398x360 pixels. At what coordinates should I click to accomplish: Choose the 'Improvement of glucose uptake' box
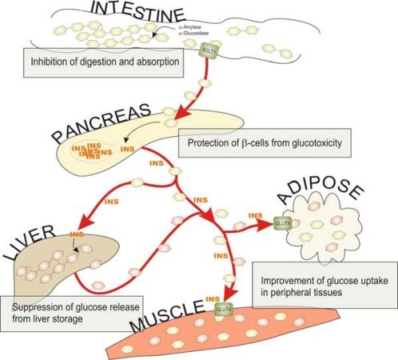pos(319,285)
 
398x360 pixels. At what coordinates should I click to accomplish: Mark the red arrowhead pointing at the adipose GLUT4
pos(267,226)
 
